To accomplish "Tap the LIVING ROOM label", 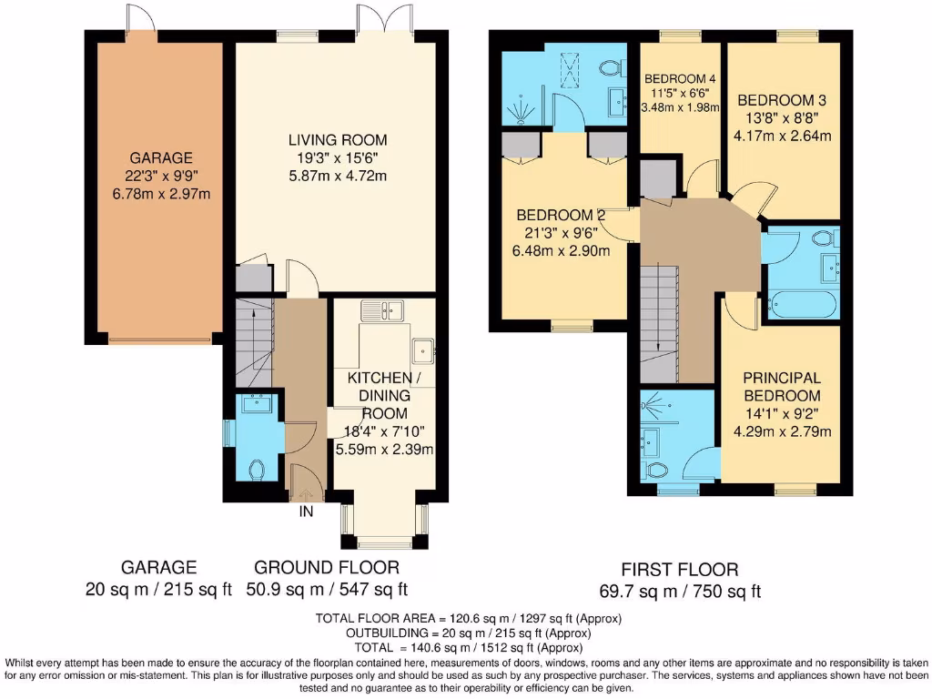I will (338, 140).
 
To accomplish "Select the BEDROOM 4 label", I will (680, 78).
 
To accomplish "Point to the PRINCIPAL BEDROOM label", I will (781, 387).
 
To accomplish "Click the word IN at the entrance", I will (307, 512).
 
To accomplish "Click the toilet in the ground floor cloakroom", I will (256, 470).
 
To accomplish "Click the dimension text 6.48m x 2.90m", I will (562, 251).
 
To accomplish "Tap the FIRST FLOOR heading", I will (681, 570).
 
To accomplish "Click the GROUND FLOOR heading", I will (326, 567).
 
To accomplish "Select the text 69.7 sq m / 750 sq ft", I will (681, 591).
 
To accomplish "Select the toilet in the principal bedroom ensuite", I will (654, 470).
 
